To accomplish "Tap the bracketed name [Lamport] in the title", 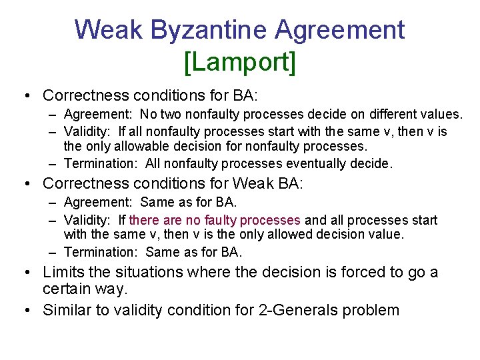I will [239, 62].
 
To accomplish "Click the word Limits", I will [62, 272].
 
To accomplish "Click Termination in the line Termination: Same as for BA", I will [101, 252].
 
